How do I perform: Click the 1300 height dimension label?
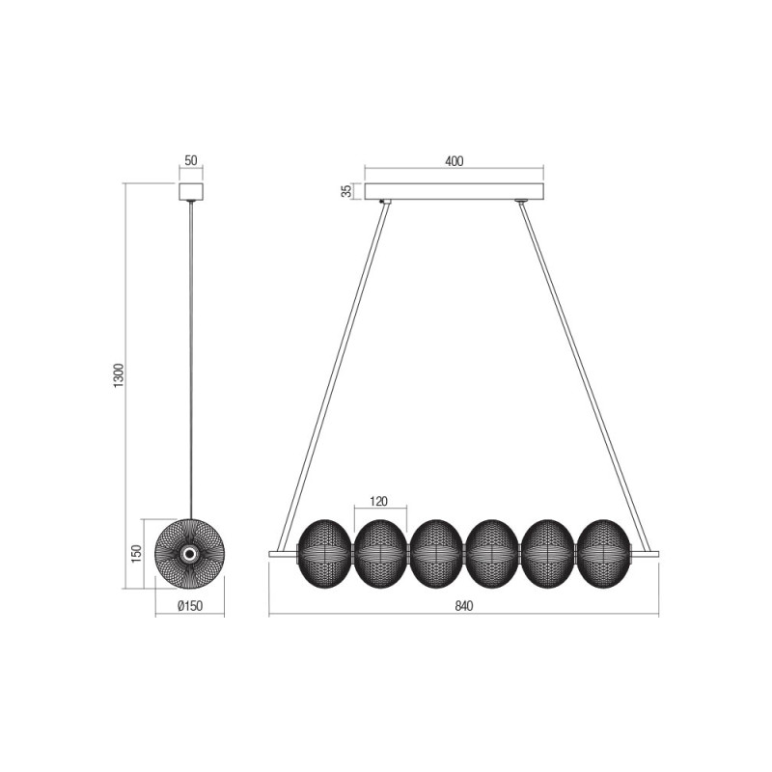(119, 375)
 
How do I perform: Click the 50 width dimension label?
(190, 160)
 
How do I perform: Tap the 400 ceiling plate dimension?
(454, 161)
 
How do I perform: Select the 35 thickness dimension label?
(347, 191)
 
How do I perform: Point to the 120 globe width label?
(378, 501)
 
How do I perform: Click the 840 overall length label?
(464, 606)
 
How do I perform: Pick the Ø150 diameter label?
(189, 606)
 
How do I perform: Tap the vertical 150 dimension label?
(136, 553)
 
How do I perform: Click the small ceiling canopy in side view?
(190, 191)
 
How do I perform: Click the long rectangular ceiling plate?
(454, 191)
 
